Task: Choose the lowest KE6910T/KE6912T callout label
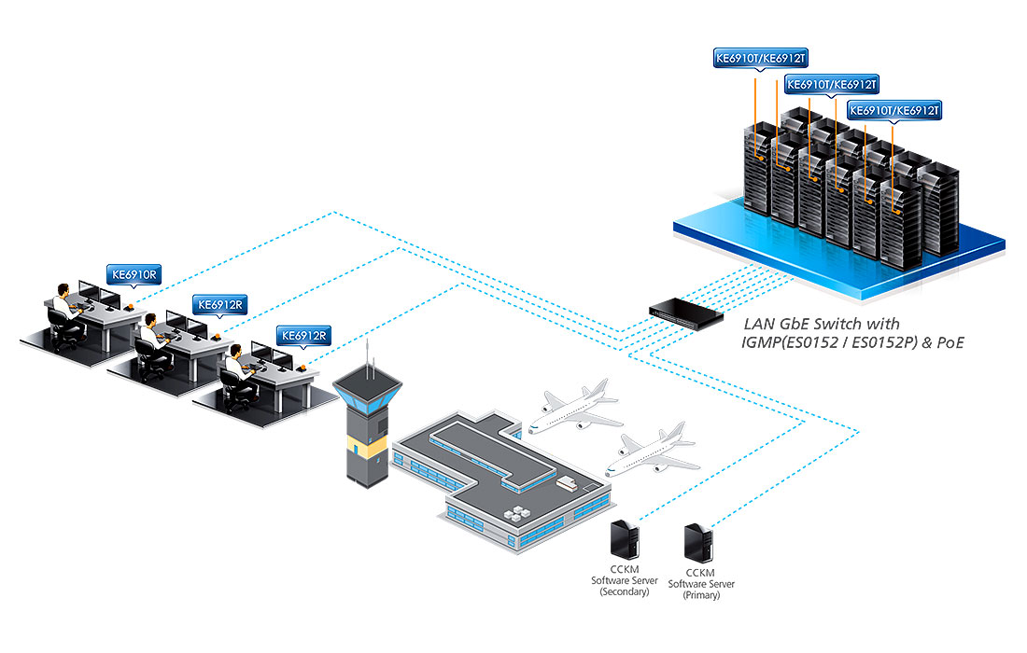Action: point(894,110)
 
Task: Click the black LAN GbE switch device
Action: point(686,312)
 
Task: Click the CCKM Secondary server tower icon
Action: point(623,540)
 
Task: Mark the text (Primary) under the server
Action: point(701,595)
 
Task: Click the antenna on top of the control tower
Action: point(370,359)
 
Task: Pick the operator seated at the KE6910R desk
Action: point(63,303)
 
